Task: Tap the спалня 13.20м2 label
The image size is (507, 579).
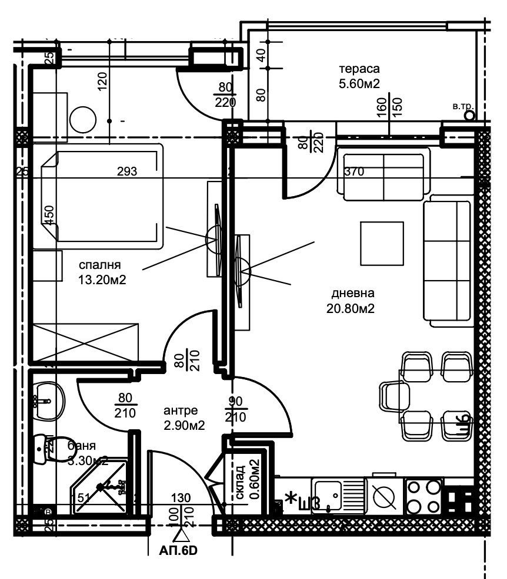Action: (102, 272)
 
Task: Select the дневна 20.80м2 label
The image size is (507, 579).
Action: (352, 300)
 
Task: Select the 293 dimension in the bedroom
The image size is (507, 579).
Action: (127, 172)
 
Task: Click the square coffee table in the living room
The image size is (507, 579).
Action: (382, 243)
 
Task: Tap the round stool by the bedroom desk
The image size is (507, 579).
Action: (82, 121)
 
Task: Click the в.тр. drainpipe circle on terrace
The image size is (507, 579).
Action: (469, 116)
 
